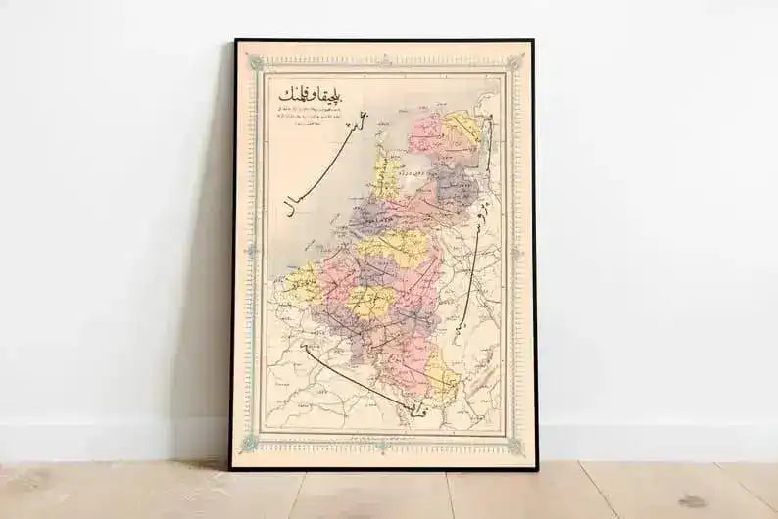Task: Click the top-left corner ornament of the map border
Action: click(x=257, y=63)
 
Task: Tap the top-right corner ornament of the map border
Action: click(x=513, y=63)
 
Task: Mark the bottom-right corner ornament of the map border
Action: click(x=514, y=446)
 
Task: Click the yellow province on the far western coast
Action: click(x=303, y=283)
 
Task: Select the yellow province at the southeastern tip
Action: click(x=440, y=377)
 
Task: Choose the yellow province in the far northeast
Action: click(x=462, y=128)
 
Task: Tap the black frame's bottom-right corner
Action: click(x=534, y=468)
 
